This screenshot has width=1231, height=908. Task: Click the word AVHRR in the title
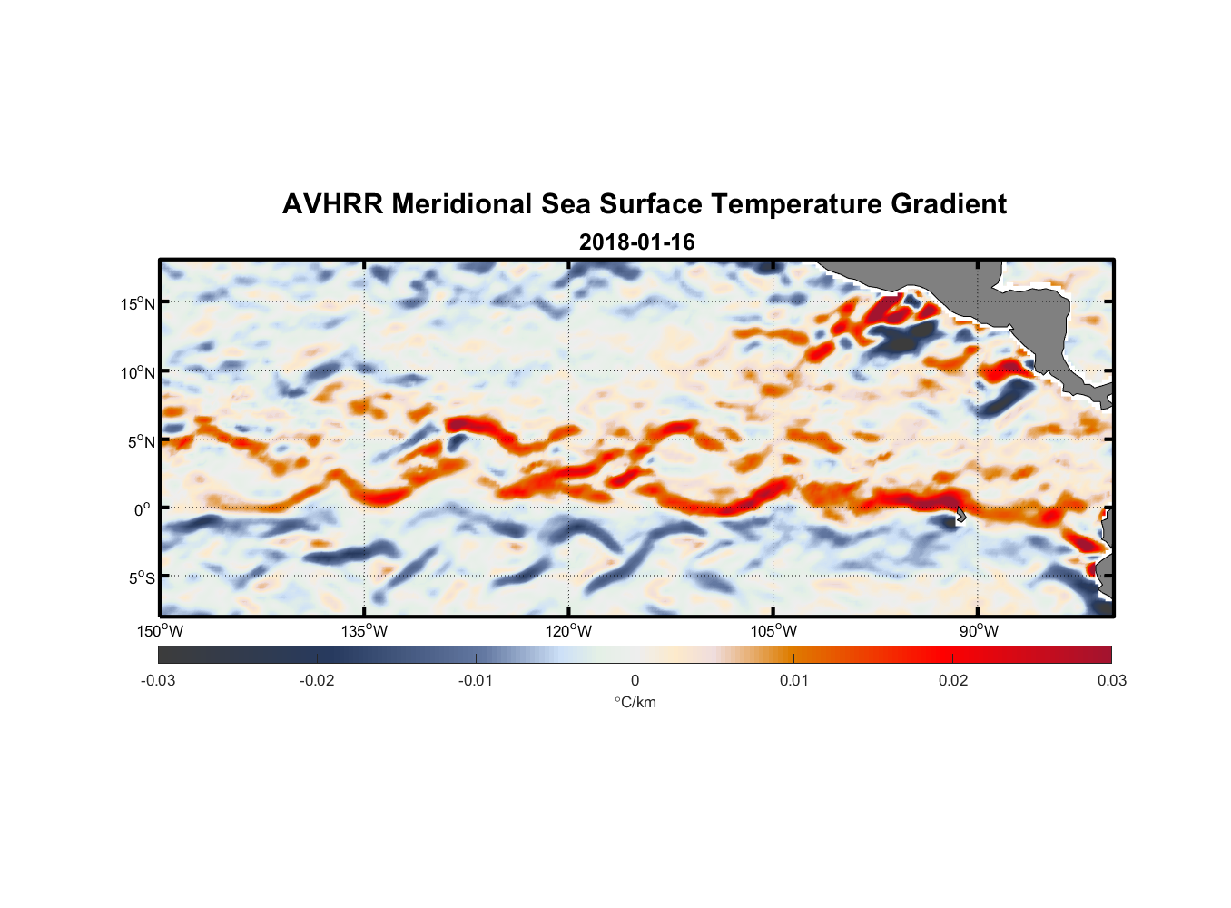[x=332, y=204]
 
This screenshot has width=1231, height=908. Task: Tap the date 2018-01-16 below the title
[x=636, y=242]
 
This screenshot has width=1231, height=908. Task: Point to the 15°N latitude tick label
[x=138, y=303]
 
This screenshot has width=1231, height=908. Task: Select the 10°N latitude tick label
[x=138, y=372]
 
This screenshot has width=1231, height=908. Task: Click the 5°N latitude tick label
[x=141, y=441]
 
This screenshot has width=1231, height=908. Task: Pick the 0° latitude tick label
[x=143, y=509]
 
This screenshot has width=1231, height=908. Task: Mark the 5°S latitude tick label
[x=141, y=578]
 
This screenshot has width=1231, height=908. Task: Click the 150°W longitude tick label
[x=160, y=631]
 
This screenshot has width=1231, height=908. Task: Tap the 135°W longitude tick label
[x=365, y=631]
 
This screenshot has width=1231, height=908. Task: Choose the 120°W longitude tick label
[x=569, y=631]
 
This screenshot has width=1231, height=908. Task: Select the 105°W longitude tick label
[x=773, y=631]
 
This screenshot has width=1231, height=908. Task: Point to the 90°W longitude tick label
[x=979, y=631]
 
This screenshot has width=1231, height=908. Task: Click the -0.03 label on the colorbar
[x=158, y=681]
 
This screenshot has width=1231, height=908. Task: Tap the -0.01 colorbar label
[x=476, y=681]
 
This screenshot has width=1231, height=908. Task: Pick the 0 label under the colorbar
[x=635, y=681]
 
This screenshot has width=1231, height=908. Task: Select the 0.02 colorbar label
[x=953, y=681]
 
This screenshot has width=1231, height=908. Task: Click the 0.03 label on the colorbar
[x=1111, y=681]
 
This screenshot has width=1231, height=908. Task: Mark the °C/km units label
[x=635, y=702]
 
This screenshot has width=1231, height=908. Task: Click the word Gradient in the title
[x=949, y=204]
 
